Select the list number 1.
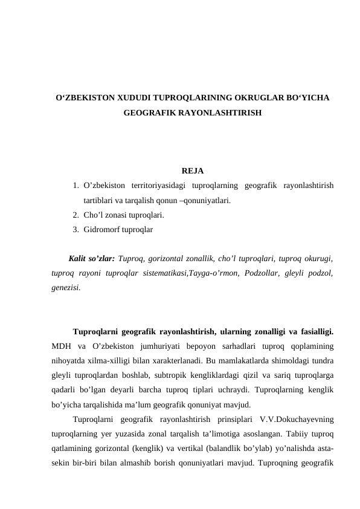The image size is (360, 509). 74,186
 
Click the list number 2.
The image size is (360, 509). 74,215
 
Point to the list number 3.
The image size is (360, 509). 74,230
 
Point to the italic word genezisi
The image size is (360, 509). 65,288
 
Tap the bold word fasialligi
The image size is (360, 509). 313,331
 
